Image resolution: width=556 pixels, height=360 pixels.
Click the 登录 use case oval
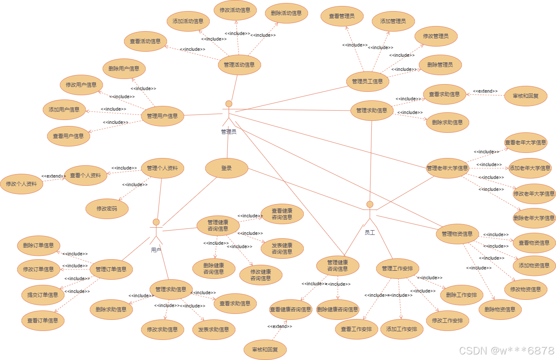tap(227, 168)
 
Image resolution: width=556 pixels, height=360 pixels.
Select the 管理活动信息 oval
tap(239, 65)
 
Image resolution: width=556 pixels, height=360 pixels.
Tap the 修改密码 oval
tap(107, 209)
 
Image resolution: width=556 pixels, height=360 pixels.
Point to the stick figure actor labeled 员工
tap(370, 214)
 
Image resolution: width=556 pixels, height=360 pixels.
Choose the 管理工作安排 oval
tap(397, 269)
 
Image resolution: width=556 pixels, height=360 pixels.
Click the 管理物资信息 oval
tap(457, 234)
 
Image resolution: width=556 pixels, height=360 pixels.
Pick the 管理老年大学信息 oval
tap(447, 168)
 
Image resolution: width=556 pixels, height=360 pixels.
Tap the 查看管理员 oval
tap(342, 16)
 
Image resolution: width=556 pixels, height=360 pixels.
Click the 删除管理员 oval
tap(440, 65)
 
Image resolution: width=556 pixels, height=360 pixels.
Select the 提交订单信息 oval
tap(43, 295)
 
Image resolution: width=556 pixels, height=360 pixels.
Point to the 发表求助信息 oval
tap(214, 330)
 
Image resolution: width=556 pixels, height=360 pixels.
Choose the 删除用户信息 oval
tap(124, 69)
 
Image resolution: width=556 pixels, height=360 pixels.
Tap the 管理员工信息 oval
tap(368, 81)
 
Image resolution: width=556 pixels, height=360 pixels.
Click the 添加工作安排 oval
tap(402, 329)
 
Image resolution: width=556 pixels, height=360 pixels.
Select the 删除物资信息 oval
tap(500, 310)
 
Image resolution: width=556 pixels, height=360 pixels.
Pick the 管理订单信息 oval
tap(111, 269)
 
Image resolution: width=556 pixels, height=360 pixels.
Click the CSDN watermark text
tap(506, 351)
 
